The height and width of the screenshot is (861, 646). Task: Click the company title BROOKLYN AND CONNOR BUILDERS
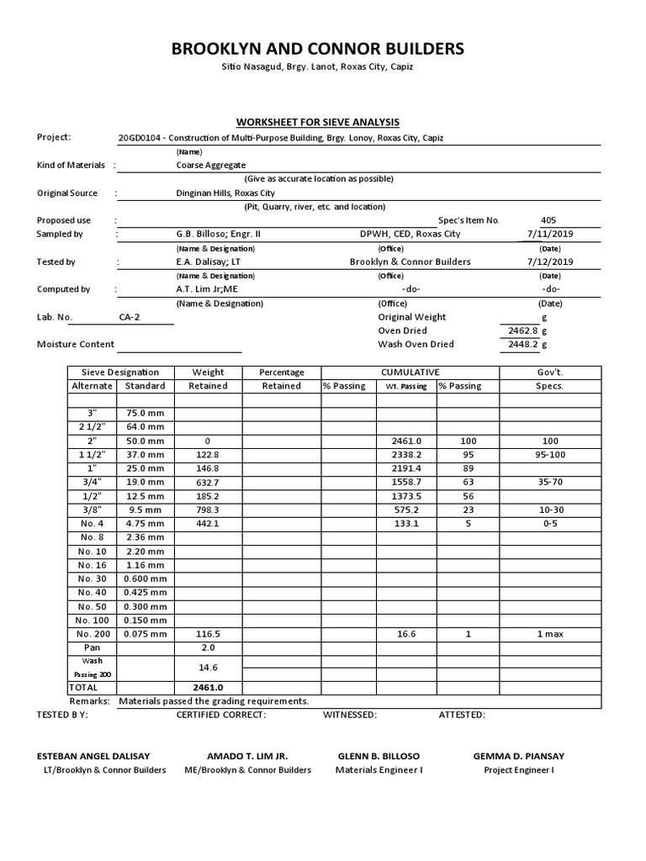pyautogui.click(x=317, y=49)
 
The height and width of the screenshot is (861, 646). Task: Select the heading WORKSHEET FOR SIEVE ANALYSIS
pyautogui.click(x=318, y=122)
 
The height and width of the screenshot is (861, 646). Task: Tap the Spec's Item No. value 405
pyautogui.click(x=549, y=220)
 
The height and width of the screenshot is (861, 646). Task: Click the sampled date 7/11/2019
pyautogui.click(x=549, y=234)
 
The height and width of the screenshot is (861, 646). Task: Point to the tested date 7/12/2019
pyautogui.click(x=549, y=261)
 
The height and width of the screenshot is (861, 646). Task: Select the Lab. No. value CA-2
pyautogui.click(x=131, y=317)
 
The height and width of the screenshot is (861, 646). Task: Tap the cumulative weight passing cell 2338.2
pyautogui.click(x=406, y=455)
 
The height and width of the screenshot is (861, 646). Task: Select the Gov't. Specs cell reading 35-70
pyautogui.click(x=549, y=482)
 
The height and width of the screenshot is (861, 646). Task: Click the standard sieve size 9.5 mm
pyautogui.click(x=146, y=510)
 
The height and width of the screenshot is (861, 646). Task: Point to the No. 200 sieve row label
pyautogui.click(x=92, y=634)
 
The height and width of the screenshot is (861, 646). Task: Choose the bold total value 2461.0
pyautogui.click(x=208, y=687)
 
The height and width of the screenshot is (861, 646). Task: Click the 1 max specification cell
pyautogui.click(x=549, y=634)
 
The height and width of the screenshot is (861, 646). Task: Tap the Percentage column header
pyautogui.click(x=281, y=372)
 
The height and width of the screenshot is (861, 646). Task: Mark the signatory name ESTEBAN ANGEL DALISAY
pyautogui.click(x=104, y=756)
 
